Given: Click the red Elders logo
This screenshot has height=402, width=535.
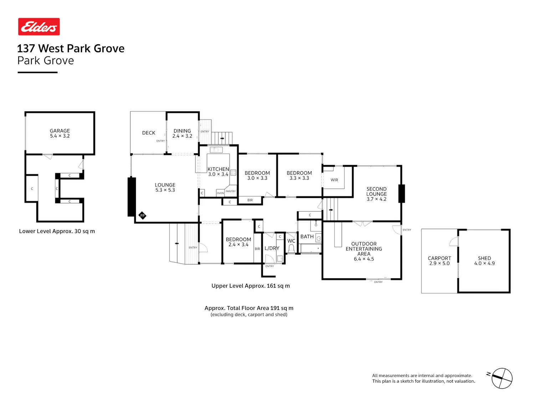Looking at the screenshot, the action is click(x=39, y=26).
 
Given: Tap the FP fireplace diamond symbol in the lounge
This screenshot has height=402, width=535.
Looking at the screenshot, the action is click(x=142, y=215).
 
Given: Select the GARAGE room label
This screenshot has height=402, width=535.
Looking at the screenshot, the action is click(x=60, y=131).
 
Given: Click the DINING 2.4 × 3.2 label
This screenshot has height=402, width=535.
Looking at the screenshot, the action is click(x=182, y=134).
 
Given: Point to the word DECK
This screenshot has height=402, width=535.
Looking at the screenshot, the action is click(x=149, y=133).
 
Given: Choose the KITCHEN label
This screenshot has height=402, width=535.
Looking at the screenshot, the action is click(x=218, y=169).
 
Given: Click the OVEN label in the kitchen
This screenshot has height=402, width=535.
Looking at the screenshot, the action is click(x=220, y=193).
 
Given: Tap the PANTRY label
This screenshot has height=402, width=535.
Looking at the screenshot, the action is click(x=230, y=192).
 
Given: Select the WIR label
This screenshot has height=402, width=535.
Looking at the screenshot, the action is click(x=334, y=180).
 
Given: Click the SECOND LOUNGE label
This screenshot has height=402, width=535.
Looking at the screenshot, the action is click(x=376, y=192).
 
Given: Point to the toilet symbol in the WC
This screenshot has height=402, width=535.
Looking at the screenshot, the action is click(x=291, y=249).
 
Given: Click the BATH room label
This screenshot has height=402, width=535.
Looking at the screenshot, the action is click(x=307, y=237).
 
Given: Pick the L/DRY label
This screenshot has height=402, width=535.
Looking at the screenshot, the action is click(x=272, y=248).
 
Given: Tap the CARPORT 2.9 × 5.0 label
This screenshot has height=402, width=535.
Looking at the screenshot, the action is click(x=439, y=261).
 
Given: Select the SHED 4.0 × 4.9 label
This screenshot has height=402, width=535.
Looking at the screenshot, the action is click(x=484, y=261).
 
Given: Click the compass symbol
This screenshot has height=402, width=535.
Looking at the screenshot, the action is click(x=501, y=378).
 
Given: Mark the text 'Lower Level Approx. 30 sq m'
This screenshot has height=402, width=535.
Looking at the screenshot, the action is click(x=57, y=231).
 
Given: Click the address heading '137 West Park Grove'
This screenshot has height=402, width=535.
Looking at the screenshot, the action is click(x=71, y=48).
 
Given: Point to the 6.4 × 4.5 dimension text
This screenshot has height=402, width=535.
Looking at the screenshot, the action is click(x=364, y=259).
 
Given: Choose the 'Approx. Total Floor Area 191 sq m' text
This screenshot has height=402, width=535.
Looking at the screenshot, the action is click(x=249, y=308).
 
